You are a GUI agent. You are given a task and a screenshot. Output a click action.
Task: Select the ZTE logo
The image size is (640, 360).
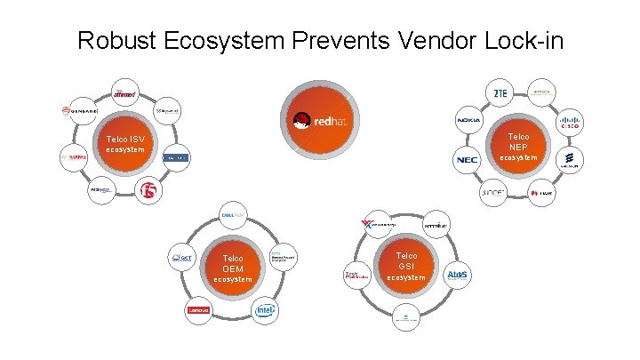tap(500, 92)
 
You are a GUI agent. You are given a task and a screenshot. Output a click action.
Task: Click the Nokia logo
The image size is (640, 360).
tap(468, 121)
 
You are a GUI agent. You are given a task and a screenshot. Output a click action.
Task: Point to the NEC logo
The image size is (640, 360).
tap(467, 160)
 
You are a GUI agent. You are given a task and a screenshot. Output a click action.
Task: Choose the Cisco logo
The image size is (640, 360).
tap(569, 123)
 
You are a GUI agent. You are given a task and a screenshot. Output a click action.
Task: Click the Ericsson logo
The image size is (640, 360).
tap(569, 161)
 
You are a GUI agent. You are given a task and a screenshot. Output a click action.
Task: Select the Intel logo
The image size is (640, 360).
tap(264, 310)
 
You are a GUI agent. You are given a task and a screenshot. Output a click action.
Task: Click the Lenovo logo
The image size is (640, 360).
tap(197, 310)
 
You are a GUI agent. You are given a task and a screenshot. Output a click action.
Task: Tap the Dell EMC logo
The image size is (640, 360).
tap(233, 214)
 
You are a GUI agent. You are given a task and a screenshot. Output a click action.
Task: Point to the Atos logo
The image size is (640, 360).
tap(458, 275)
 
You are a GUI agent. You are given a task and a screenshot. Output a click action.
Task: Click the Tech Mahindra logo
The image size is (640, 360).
tap(356, 275)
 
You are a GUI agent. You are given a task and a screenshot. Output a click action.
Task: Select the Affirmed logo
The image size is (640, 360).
tap(124, 92)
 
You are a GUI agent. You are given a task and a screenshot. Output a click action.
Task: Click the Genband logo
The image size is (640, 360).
tap(78, 112)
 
